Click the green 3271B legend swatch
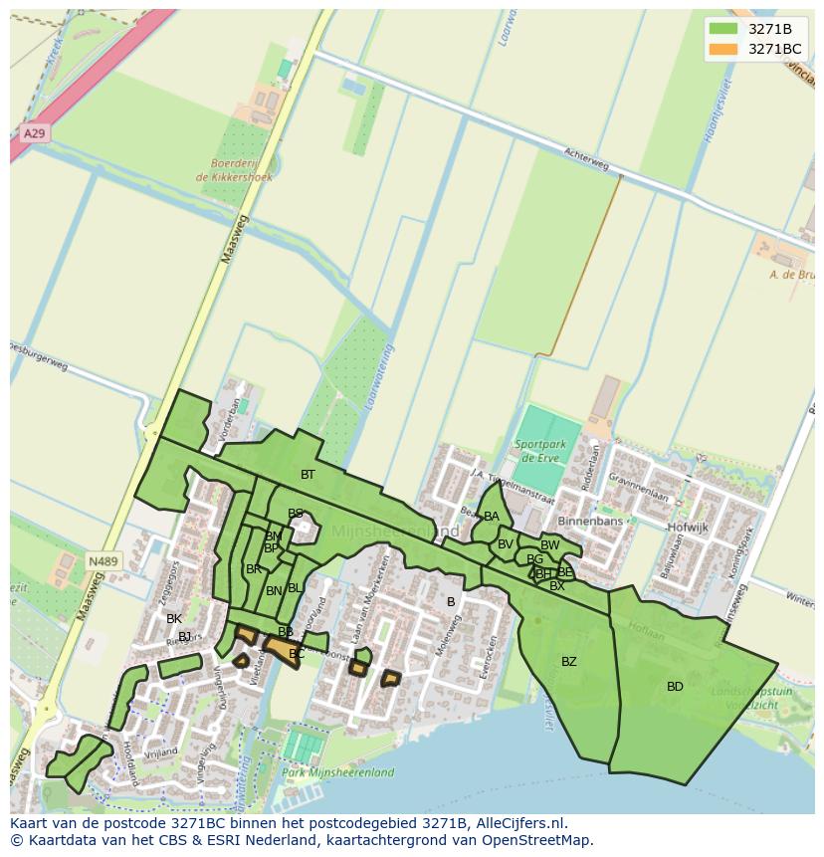[723, 29]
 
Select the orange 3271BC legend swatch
[723, 49]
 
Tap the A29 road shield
[33, 132]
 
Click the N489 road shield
[103, 561]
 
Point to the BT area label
[308, 475]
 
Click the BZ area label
[568, 662]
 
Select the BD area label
[675, 687]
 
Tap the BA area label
[492, 517]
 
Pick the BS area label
[296, 514]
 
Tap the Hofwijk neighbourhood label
[688, 527]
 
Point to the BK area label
[174, 619]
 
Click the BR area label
[254, 569]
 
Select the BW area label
[549, 545]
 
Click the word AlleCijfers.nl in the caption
[518, 823]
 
